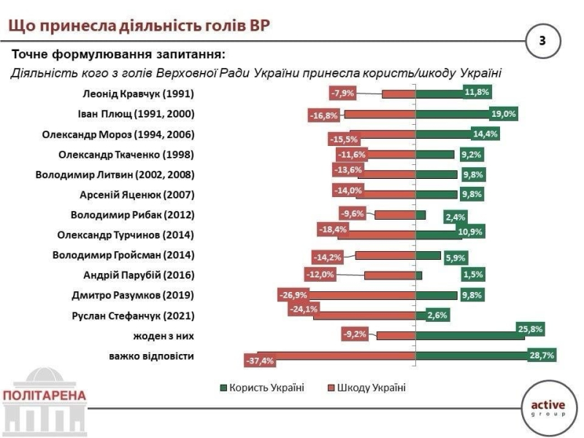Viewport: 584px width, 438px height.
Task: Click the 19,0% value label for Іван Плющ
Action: coord(504,113)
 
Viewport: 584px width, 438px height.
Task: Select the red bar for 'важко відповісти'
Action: coord(336,356)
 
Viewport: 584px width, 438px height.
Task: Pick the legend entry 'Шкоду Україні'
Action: coord(369,387)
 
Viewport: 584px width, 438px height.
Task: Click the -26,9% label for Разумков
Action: coord(293,295)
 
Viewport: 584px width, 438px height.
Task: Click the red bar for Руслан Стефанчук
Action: coord(364,315)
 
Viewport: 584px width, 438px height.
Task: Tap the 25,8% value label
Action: coord(531,329)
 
